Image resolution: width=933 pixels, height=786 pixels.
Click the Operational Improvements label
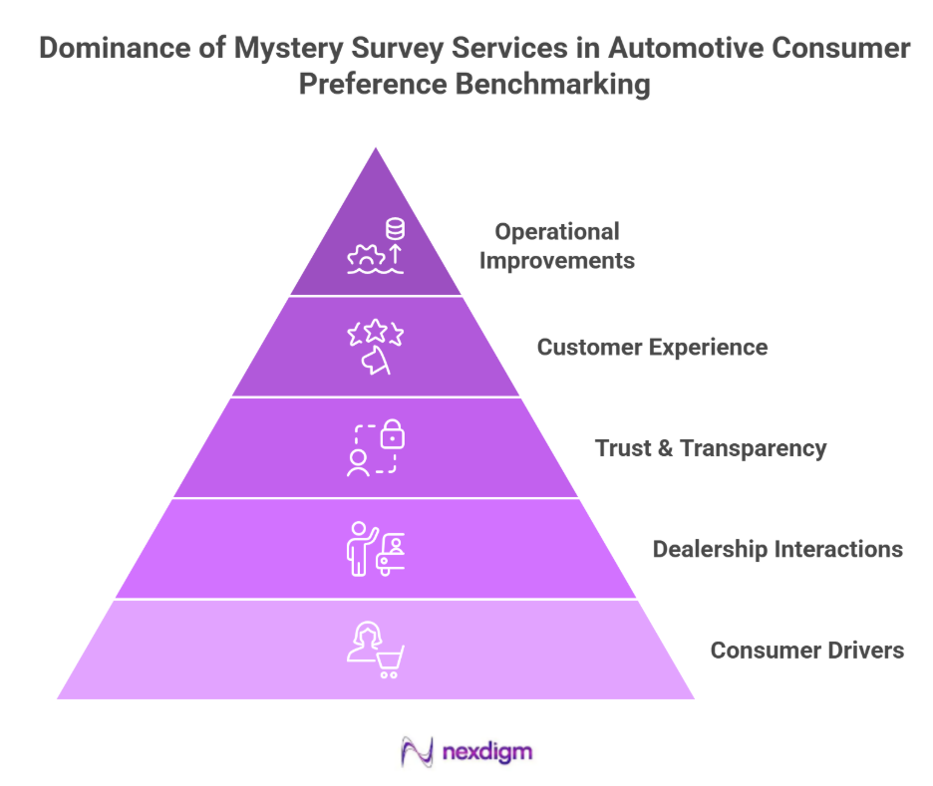(564, 246)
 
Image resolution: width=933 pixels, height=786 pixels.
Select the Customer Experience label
(652, 348)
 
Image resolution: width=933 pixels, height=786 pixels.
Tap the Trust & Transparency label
(711, 448)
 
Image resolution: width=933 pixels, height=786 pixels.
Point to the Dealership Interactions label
(777, 549)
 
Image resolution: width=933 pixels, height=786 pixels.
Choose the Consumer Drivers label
(807, 651)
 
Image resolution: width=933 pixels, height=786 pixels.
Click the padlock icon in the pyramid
(394, 434)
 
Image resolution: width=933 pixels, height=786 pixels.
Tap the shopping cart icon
(390, 660)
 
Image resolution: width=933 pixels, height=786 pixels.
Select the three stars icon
(375, 334)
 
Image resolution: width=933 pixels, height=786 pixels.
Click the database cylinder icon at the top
(396, 230)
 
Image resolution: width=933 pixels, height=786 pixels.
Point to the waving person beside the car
(358, 547)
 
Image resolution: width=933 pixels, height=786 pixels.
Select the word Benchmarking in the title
(553, 85)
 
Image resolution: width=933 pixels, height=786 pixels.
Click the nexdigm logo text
(486, 750)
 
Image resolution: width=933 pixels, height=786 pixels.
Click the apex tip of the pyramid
(376, 150)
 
